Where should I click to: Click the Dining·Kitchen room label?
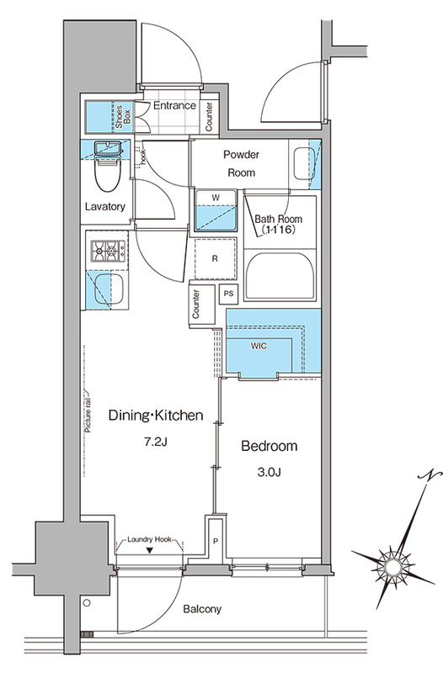tap(156, 416)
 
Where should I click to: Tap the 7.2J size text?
tap(155, 442)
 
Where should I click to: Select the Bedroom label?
tap(270, 446)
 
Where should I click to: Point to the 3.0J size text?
tap(269, 473)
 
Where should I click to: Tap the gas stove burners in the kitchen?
tap(108, 251)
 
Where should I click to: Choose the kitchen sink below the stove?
tap(109, 290)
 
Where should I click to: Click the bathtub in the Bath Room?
tap(280, 275)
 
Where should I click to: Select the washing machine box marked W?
tap(216, 211)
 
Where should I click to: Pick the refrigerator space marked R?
tap(215, 258)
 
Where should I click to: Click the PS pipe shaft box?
tap(228, 294)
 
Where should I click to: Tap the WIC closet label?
tap(259, 346)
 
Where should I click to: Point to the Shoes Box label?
tap(122, 116)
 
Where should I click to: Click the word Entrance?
tap(174, 106)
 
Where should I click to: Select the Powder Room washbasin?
tap(305, 163)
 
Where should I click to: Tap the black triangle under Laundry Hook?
tap(149, 551)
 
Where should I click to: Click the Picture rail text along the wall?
tap(88, 411)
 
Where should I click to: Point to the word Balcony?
tap(202, 609)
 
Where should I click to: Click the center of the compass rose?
tap(392, 566)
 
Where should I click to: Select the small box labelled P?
tap(216, 541)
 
